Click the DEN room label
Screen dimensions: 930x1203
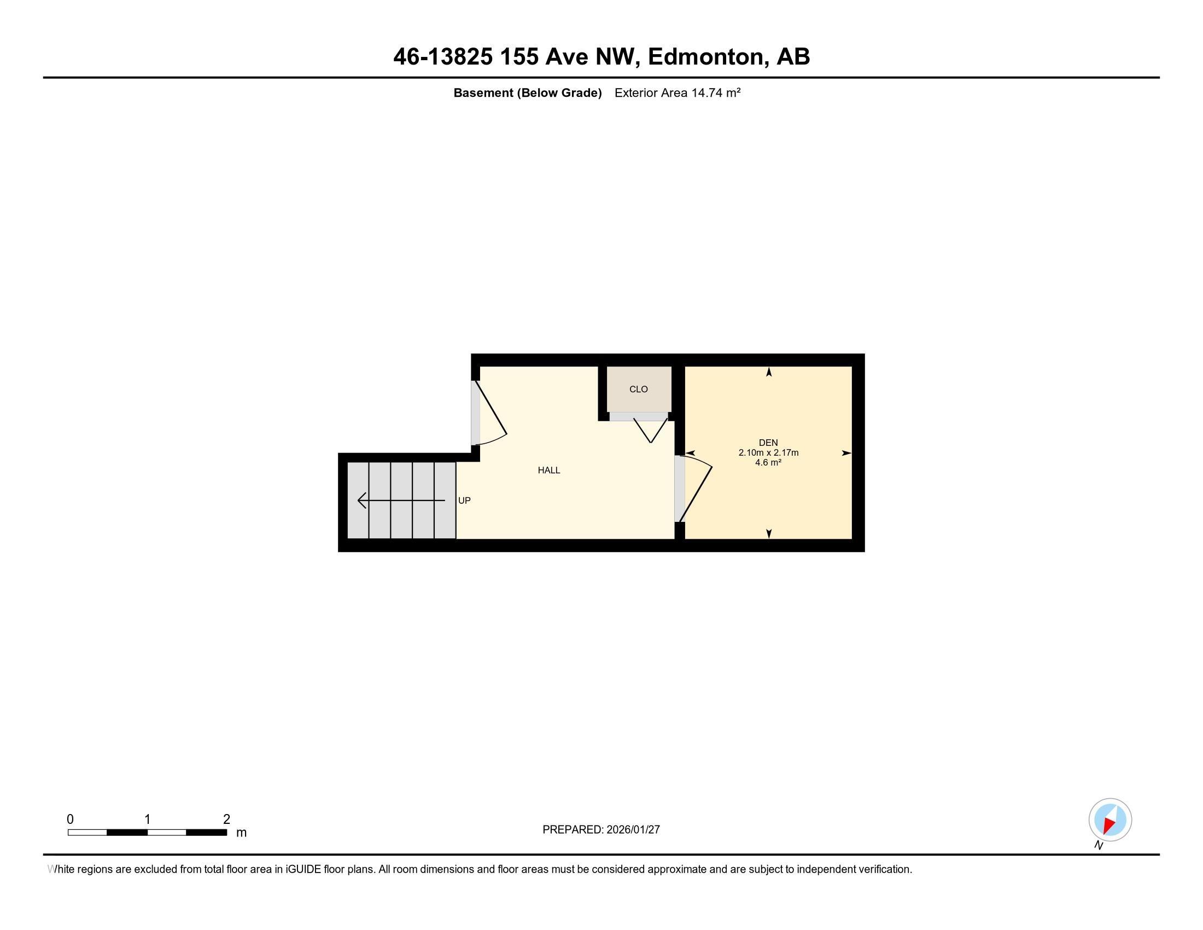click(x=768, y=443)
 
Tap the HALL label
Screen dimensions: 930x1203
click(x=548, y=470)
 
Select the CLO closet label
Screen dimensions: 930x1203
click(x=638, y=389)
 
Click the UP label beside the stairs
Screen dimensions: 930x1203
click(x=464, y=500)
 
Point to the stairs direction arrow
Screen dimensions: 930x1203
click(x=401, y=500)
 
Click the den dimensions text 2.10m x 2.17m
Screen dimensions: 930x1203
click(x=768, y=453)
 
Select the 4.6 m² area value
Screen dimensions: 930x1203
click(x=768, y=463)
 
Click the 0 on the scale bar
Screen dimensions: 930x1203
click(x=70, y=819)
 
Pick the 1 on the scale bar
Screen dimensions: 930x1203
click(x=147, y=819)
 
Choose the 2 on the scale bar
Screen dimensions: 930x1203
click(x=226, y=819)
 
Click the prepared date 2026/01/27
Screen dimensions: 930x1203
click(x=632, y=830)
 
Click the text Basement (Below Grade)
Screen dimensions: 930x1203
click(x=527, y=93)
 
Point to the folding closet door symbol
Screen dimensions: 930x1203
click(x=651, y=431)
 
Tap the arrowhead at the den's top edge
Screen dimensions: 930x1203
click(x=769, y=373)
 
